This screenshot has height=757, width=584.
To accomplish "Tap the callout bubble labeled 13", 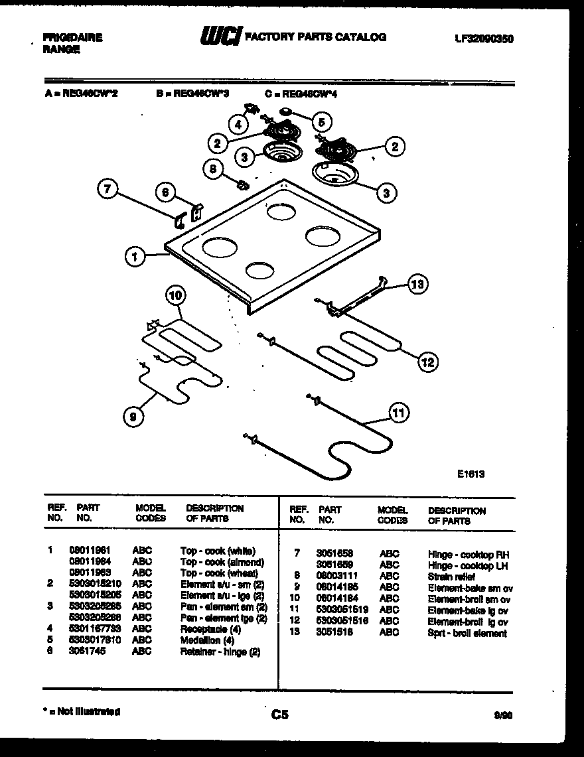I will (416, 285).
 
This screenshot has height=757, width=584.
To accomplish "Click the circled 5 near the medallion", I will (322, 122).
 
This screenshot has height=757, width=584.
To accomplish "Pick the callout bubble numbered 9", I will (133, 417).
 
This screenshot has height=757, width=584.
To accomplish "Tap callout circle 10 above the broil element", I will (174, 295).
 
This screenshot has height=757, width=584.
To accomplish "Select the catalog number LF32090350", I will (484, 39).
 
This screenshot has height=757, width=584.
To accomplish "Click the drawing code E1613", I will (471, 474).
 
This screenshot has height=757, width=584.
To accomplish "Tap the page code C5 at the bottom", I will (280, 715).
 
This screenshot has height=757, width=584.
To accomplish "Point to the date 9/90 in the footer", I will (502, 715).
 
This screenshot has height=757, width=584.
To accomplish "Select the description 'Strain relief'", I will (451, 577).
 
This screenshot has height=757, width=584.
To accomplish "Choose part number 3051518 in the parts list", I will (334, 633).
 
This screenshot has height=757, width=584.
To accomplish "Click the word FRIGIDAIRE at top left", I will (72, 38).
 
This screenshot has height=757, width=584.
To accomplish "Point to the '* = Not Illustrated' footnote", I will (81, 712).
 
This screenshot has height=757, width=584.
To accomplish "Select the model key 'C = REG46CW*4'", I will (301, 94).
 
